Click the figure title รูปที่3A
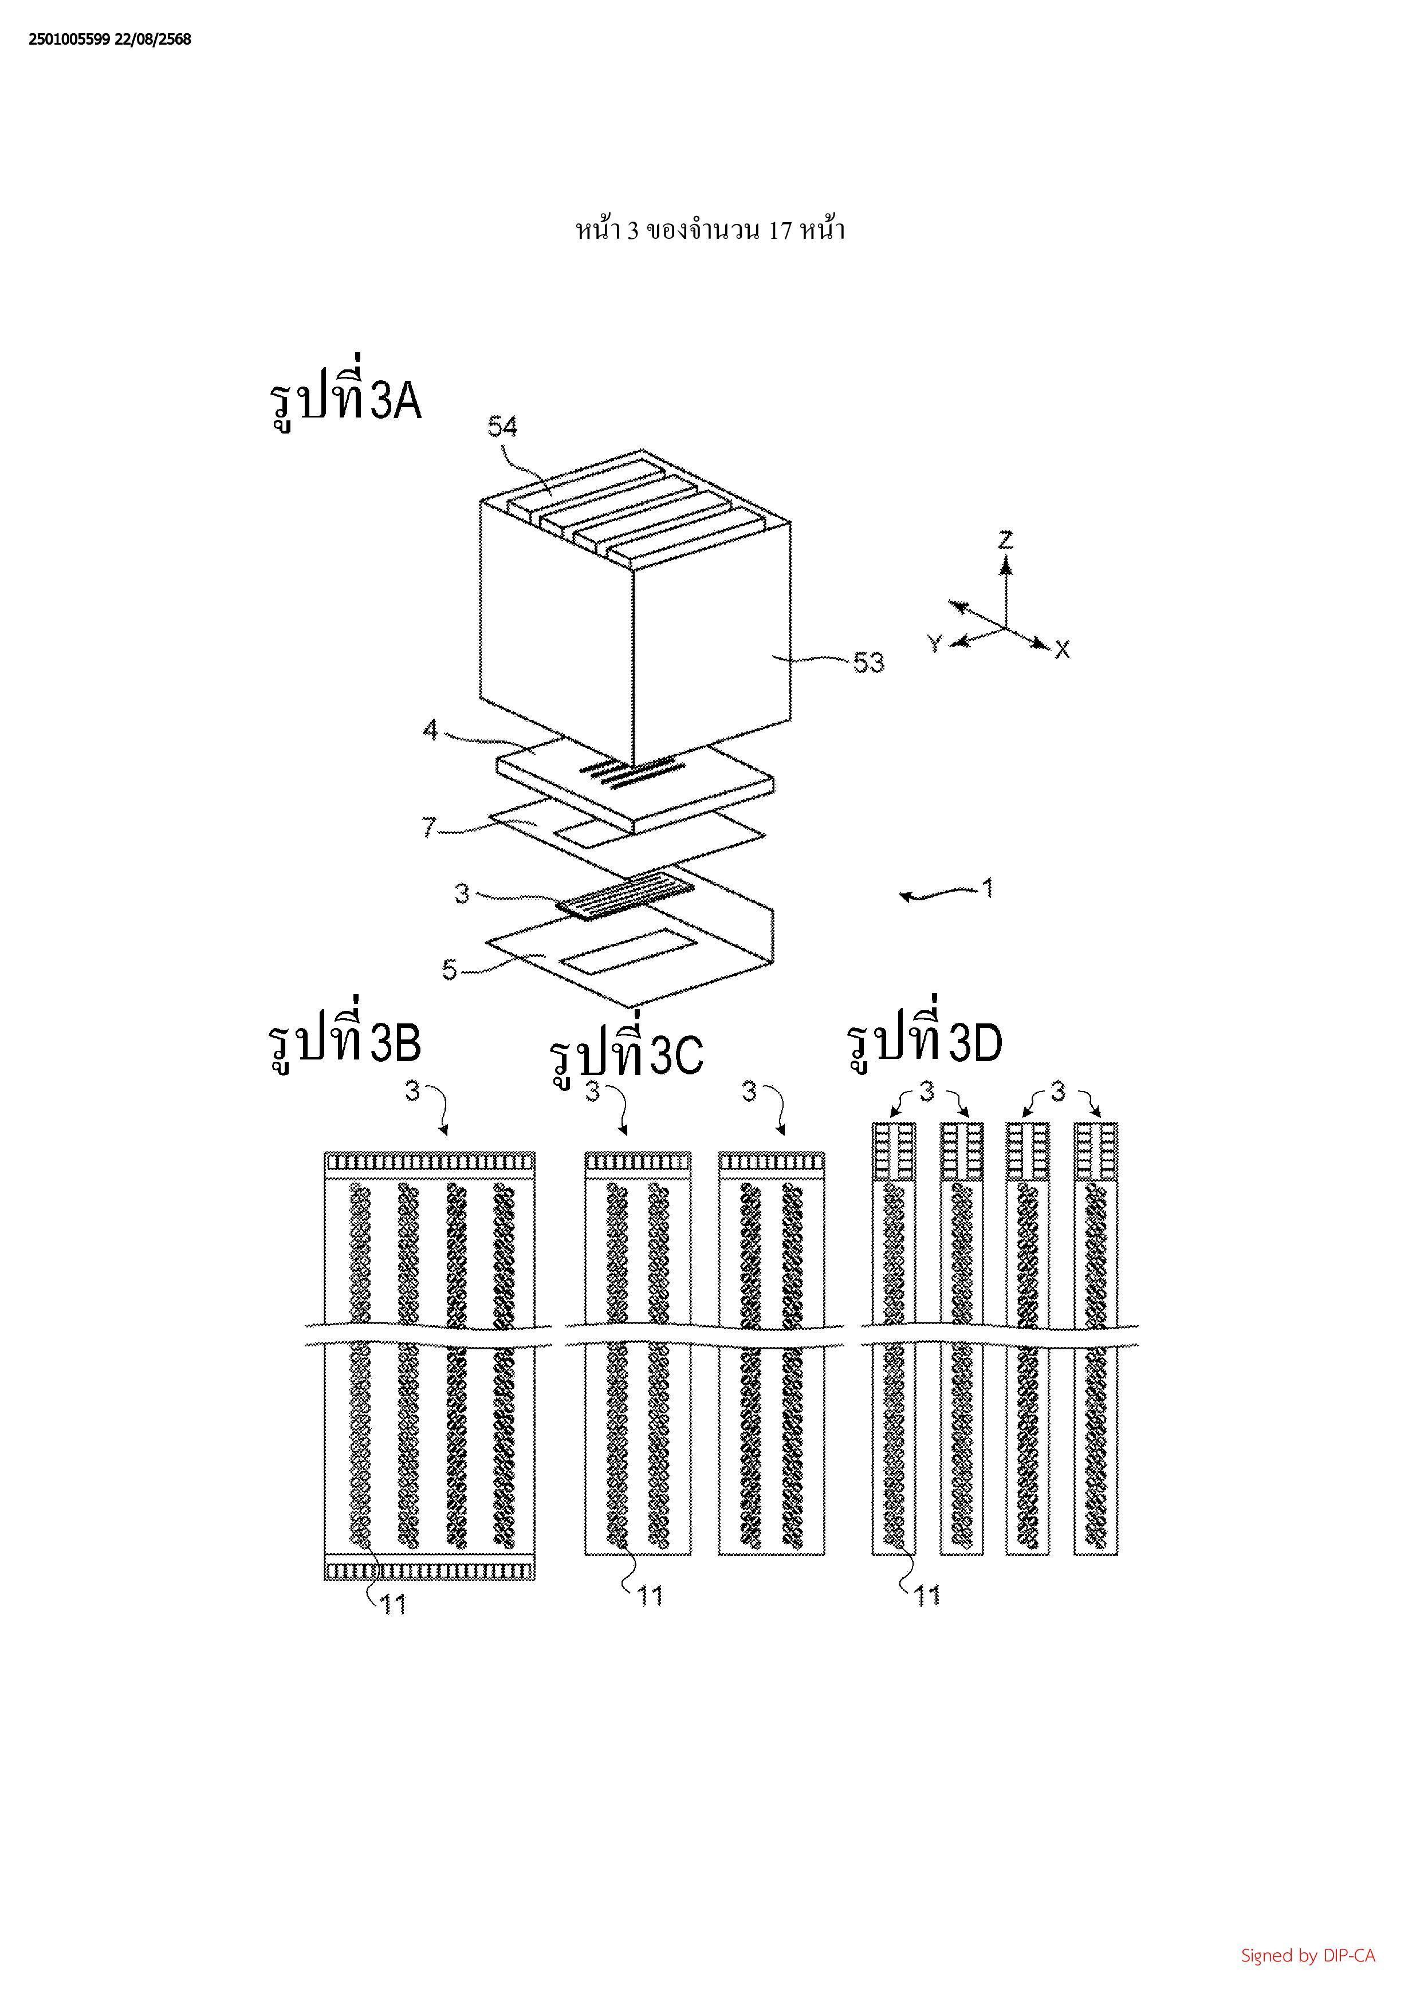pos(345,401)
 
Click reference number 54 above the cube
pos(502,427)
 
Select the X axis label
pos(1062,649)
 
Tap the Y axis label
pos(934,644)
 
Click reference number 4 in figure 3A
pos(430,729)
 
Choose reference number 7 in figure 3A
pos(428,827)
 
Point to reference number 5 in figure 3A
pos(450,970)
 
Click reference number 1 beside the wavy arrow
pos(988,889)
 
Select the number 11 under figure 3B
pos(393,1604)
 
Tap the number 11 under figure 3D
pos(927,1597)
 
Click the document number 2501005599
pos(70,40)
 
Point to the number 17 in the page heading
pos(780,231)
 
